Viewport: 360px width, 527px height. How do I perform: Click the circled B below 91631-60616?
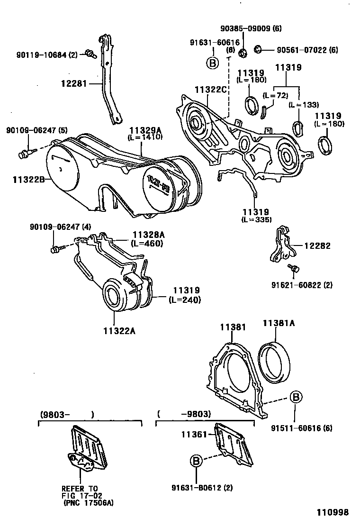[212, 63]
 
